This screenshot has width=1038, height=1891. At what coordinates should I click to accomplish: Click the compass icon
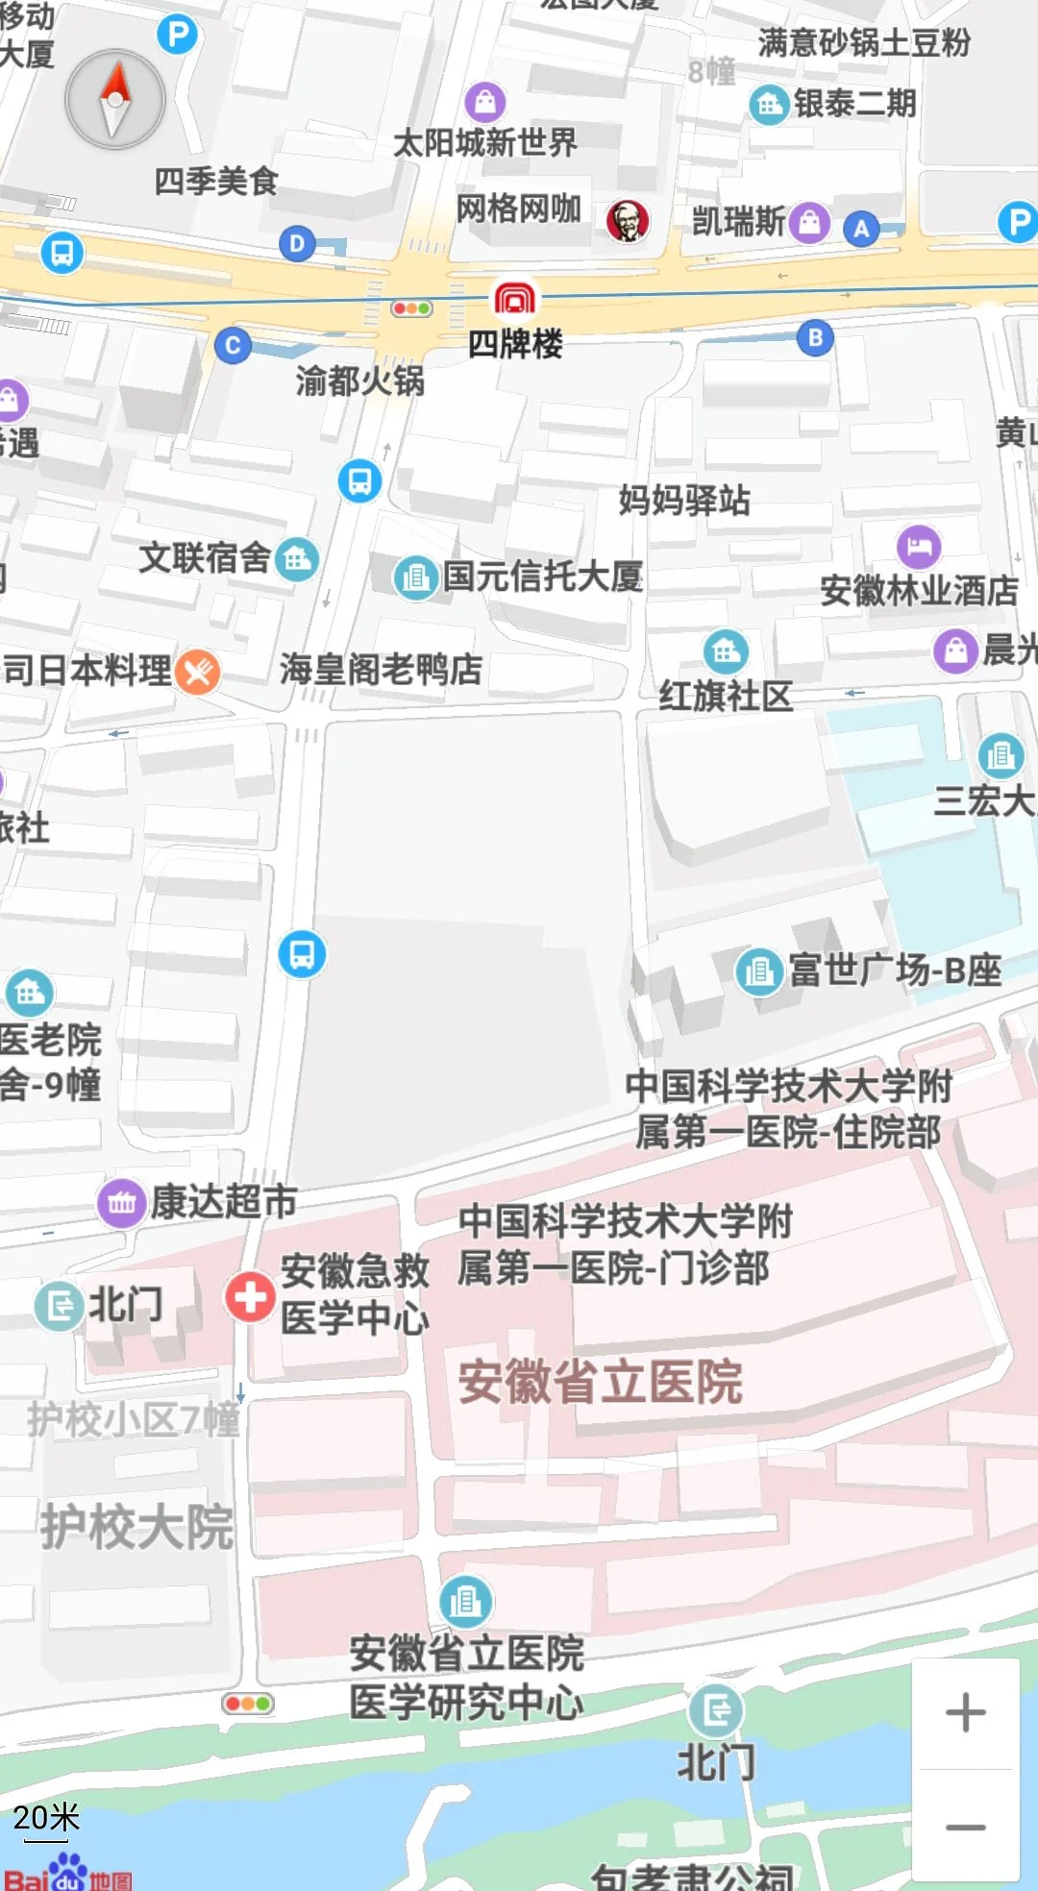(x=115, y=100)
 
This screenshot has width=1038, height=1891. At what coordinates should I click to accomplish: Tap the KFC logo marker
(x=628, y=222)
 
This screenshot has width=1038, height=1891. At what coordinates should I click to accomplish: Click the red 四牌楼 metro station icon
(x=515, y=300)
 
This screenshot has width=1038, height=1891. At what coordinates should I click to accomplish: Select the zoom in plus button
(x=965, y=1712)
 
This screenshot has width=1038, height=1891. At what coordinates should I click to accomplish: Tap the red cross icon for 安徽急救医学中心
(x=250, y=1296)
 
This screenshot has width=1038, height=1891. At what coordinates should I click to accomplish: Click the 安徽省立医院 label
(x=600, y=1382)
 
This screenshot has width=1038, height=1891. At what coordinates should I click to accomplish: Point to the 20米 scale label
(x=46, y=1818)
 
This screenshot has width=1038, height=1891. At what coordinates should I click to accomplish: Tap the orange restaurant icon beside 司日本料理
(x=198, y=671)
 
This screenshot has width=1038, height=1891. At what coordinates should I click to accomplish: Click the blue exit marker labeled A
(x=861, y=229)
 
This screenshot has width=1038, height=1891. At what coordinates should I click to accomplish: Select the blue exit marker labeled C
(x=233, y=345)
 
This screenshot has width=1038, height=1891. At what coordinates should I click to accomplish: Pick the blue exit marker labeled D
(x=297, y=244)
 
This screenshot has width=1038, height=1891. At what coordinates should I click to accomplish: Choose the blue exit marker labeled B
(x=815, y=337)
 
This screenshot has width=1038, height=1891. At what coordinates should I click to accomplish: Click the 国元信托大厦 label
(x=542, y=577)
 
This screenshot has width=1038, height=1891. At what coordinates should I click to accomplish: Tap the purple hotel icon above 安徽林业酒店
(x=919, y=546)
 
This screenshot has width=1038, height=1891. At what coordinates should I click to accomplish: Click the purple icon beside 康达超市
(x=121, y=1202)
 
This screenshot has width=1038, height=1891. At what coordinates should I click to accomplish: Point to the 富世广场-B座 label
(x=894, y=970)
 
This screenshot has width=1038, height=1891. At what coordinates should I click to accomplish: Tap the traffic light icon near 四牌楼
(x=411, y=308)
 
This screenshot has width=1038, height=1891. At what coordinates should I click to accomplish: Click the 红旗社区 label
(x=726, y=695)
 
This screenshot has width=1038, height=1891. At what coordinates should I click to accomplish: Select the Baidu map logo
(x=67, y=1874)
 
